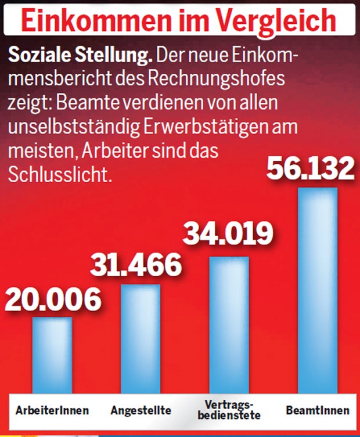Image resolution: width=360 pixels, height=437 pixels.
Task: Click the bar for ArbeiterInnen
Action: click(52, 354)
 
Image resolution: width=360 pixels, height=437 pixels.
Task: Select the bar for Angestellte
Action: click(141, 337)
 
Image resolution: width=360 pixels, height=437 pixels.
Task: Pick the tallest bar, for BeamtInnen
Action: click(317, 290)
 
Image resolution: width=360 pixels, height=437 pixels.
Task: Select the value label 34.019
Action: click(228, 234)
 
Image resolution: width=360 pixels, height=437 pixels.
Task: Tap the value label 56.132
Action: click(309, 168)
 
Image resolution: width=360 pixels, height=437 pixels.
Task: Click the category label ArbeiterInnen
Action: click(53, 410)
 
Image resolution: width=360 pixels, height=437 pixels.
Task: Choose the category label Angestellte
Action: click(141, 410)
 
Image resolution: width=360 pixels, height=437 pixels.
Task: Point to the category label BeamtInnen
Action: click(318, 410)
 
